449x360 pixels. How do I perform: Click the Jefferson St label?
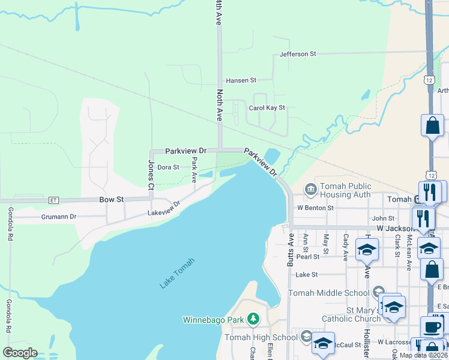pos(298,54)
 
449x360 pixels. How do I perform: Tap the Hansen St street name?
pos(241,80)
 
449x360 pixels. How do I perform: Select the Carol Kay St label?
pos(267,108)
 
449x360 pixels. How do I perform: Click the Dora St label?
pos(168,167)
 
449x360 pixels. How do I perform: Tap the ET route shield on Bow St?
pos(54,200)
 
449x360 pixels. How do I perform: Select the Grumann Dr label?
pos(59,216)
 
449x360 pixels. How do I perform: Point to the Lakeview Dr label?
pos(164,209)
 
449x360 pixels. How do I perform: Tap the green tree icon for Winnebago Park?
pos(253,319)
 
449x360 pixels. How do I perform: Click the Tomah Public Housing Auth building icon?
pos(310,190)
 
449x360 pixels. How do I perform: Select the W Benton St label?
pos(315,208)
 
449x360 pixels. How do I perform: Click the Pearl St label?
pos(307,257)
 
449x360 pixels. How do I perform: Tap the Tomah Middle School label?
pos(328,293)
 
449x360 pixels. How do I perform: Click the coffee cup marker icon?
pos(432,328)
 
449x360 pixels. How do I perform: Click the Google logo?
pos(20,353)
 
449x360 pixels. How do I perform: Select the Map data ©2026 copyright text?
pos(422,355)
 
